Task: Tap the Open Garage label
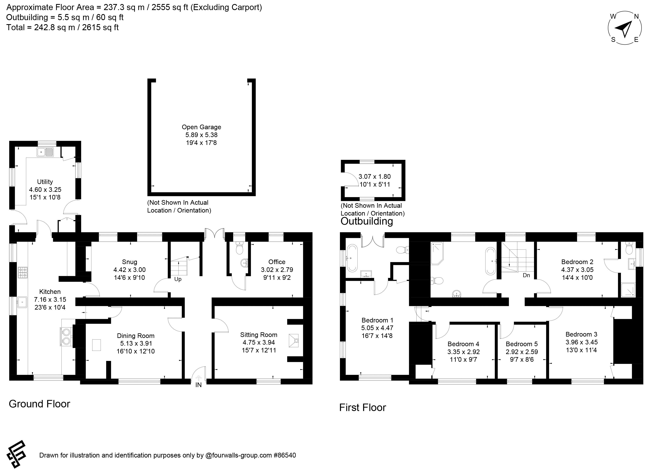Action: coord(202,127)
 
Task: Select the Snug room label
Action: coord(129,262)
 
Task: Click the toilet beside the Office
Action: coord(239,248)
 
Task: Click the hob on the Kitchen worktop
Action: coord(23,273)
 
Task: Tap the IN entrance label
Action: coord(199,385)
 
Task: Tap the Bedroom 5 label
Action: coord(522,344)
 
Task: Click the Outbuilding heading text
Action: coord(366,221)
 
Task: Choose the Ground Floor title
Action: coord(39,404)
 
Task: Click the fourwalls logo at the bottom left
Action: coord(17,454)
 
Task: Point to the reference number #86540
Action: coord(285,455)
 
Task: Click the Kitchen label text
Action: coord(50,292)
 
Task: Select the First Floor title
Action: coord(362,407)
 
